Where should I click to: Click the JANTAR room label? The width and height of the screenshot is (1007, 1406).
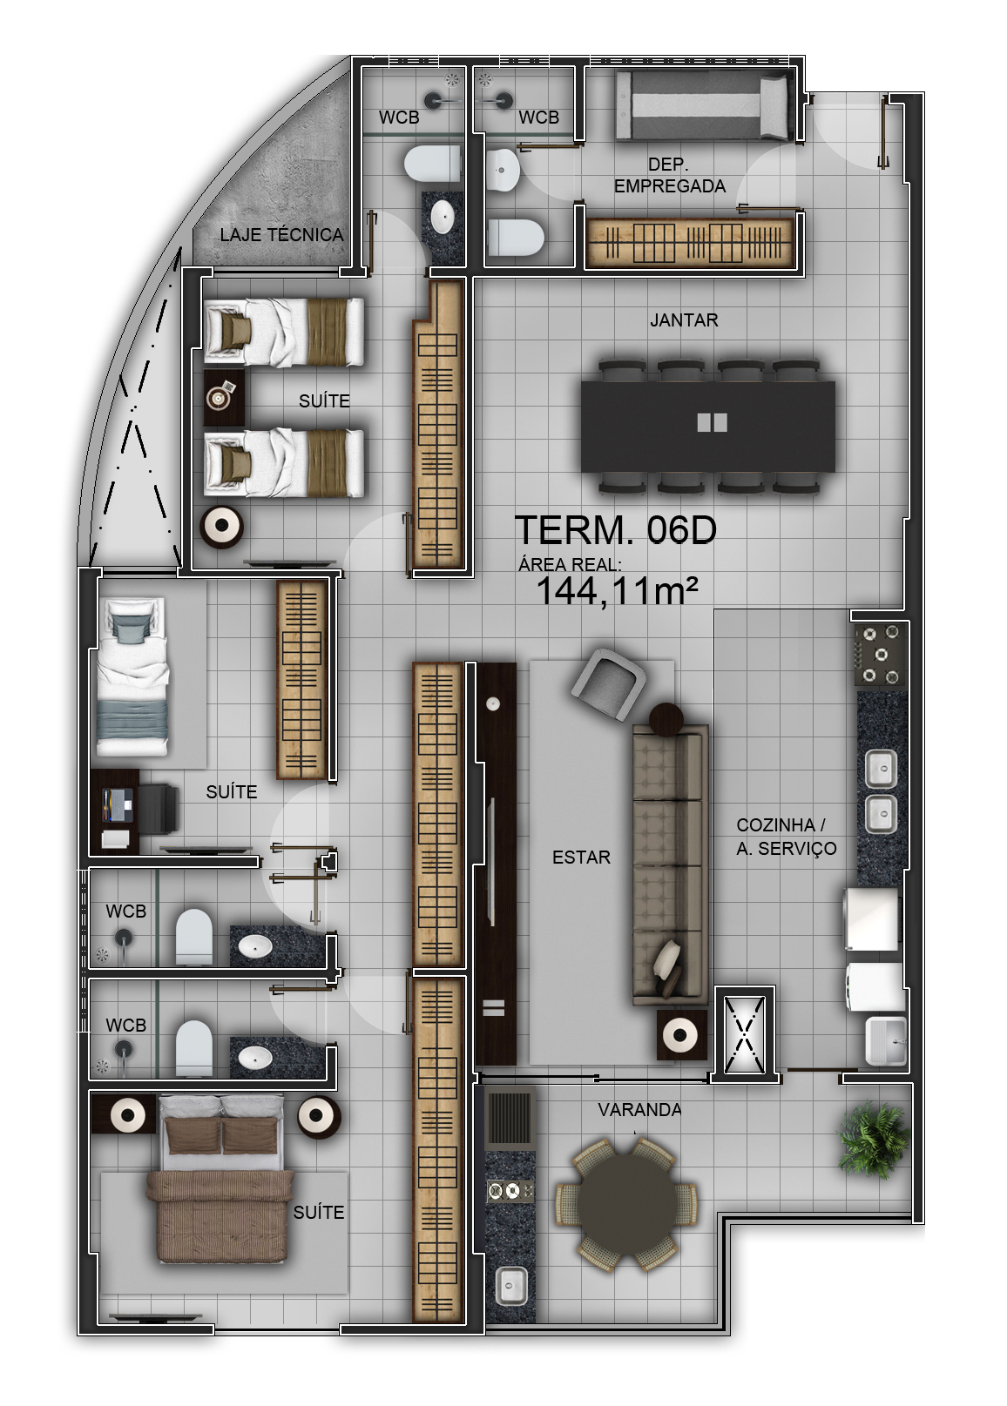click(684, 320)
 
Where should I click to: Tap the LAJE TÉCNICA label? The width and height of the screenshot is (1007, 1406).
click(281, 235)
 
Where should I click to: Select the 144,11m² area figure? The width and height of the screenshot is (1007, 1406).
click(617, 590)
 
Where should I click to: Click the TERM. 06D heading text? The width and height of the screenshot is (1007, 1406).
click(616, 530)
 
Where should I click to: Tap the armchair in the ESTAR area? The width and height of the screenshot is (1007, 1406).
click(608, 684)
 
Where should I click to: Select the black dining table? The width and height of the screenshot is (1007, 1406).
click(708, 427)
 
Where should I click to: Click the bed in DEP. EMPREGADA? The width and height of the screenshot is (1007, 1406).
click(702, 105)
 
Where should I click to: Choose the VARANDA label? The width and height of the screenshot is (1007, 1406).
click(639, 1110)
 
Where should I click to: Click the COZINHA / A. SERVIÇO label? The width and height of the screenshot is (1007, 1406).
click(786, 837)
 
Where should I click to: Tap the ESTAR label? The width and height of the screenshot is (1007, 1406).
click(581, 858)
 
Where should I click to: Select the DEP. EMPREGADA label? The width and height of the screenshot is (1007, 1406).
click(670, 175)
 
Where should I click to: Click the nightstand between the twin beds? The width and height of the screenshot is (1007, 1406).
click(224, 397)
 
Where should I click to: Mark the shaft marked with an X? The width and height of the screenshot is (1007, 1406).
click(745, 1034)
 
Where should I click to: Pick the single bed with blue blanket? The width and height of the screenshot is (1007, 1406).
click(133, 676)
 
